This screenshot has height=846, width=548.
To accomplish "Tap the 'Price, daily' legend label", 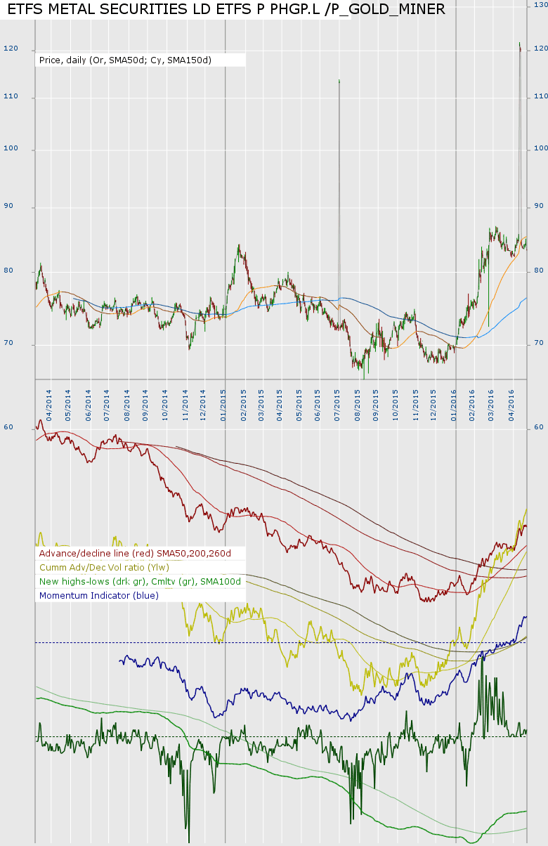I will tap(126, 60).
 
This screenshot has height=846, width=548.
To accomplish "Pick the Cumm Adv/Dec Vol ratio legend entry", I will tap(105, 567).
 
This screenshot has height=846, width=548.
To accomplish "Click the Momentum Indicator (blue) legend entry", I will tap(99, 595).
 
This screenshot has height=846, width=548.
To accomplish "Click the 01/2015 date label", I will tap(223, 402).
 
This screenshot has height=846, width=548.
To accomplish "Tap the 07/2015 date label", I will tap(338, 402).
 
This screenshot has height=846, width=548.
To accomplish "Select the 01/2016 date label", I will tap(454, 402).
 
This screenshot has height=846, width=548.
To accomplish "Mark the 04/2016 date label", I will tap(511, 402).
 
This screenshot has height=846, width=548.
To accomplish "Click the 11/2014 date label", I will tap(185, 402).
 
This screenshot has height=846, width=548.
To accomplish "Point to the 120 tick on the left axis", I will tap(11, 49).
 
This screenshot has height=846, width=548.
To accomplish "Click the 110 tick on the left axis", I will tap(11, 96).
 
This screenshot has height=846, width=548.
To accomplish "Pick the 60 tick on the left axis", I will tap(8, 427).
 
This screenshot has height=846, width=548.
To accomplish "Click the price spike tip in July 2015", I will tap(339, 80).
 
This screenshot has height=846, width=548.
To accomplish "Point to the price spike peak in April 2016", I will tap(519, 44).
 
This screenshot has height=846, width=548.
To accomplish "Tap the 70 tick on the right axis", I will tap(539, 343).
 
